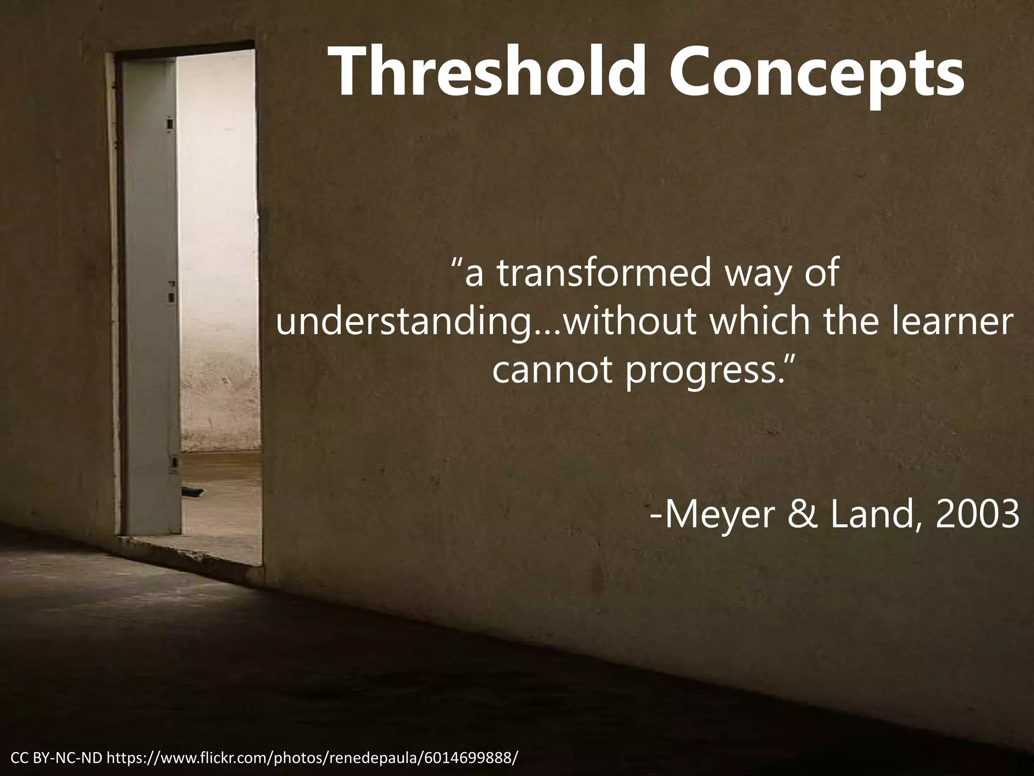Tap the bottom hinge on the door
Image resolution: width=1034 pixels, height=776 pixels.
(x=174, y=462)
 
